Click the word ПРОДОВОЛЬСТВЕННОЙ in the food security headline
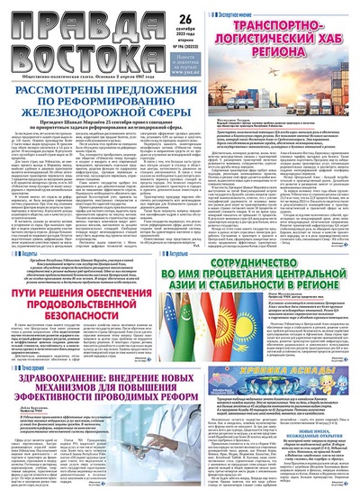(x=78, y=287)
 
